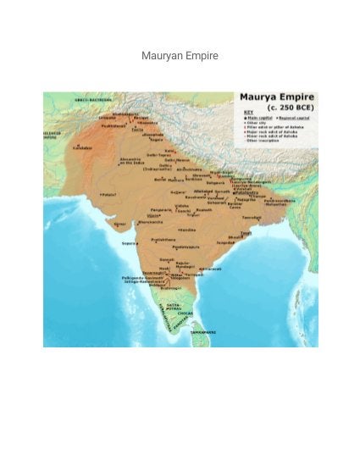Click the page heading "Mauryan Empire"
pos(180,56)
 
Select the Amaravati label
pos(209,269)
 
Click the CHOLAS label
pos(186,313)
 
